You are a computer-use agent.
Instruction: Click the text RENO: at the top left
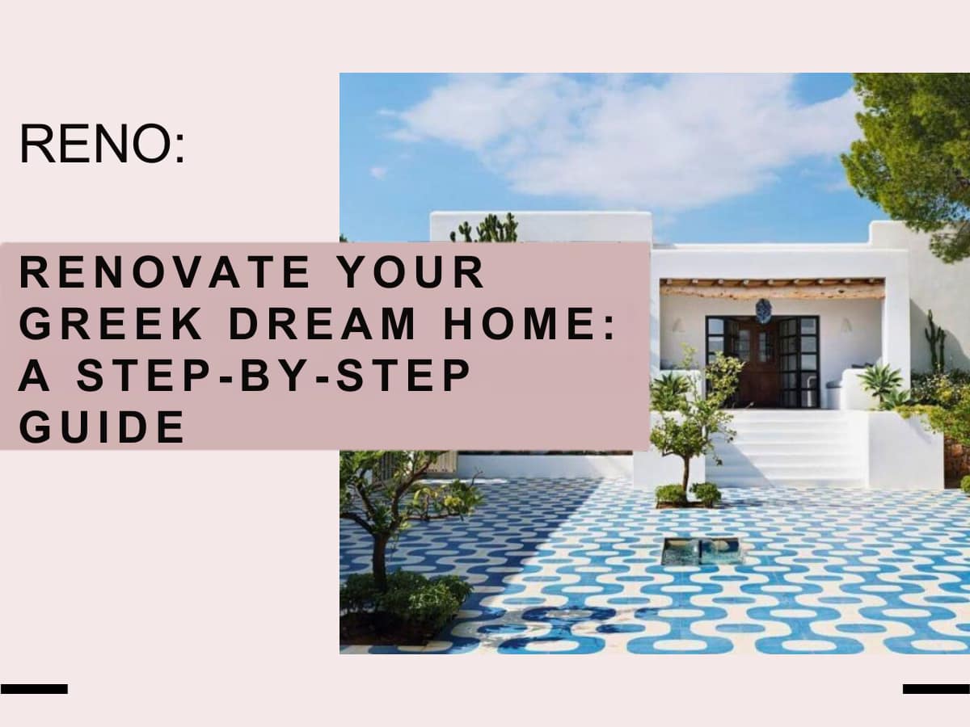[102, 144]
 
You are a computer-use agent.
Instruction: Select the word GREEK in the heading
[111, 324]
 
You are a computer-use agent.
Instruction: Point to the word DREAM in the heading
[323, 324]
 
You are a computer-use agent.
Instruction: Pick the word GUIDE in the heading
[102, 427]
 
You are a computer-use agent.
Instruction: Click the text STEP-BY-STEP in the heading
[273, 375]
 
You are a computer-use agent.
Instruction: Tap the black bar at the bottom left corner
[34, 689]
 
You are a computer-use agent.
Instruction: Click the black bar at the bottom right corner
[936, 689]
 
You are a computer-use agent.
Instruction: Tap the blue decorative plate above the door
[762, 310]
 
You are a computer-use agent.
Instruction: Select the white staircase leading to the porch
[784, 447]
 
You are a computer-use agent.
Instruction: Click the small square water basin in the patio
[699, 552]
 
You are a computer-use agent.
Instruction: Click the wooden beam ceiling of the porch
[772, 289]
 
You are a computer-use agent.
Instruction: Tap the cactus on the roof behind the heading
[485, 228]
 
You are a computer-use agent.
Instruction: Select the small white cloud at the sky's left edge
[378, 172]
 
